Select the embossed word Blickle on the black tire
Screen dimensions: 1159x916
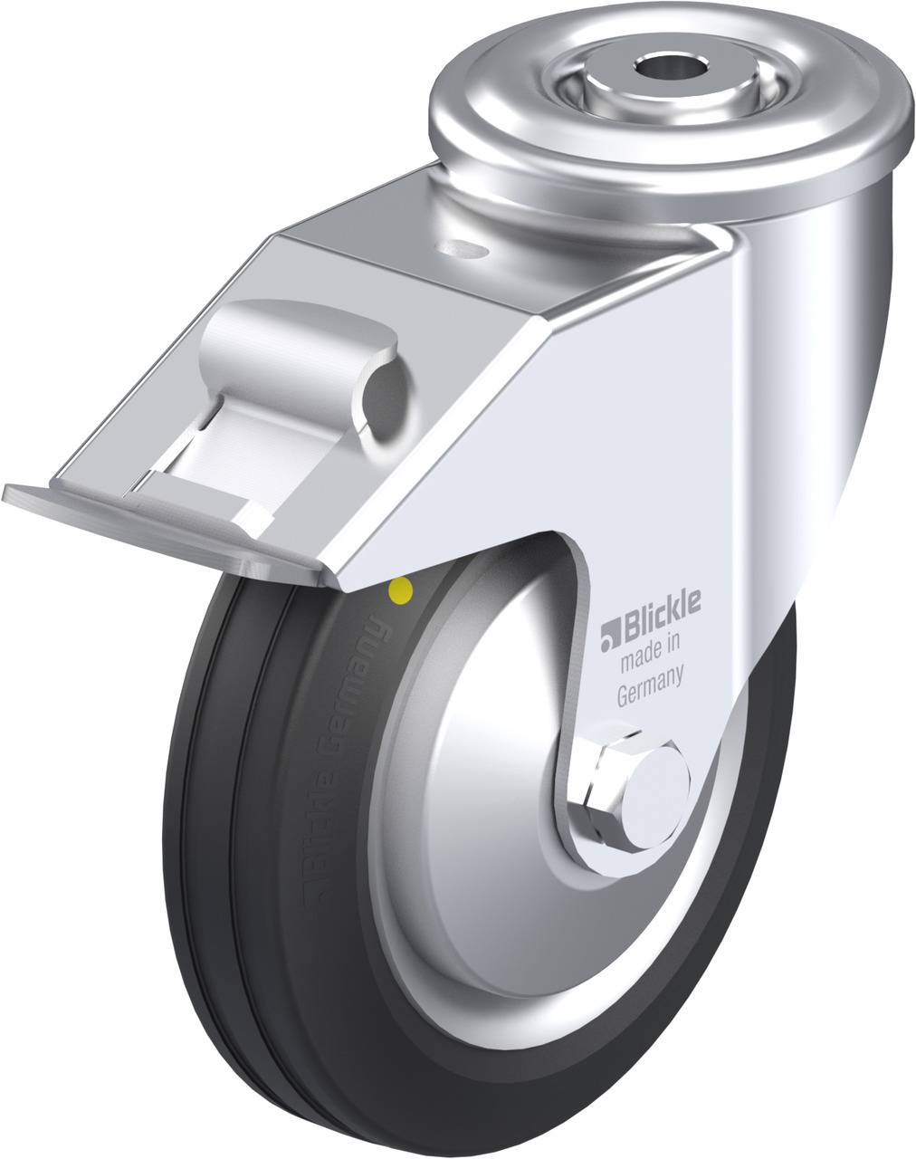(312, 860)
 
